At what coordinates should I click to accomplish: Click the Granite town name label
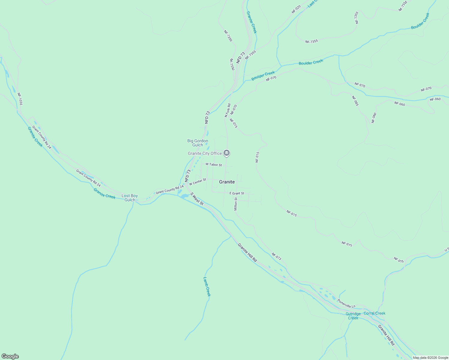tap(227, 182)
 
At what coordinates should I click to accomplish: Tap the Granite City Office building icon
tap(227, 153)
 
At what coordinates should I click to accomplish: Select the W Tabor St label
tap(214, 165)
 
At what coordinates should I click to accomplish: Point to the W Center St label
tap(197, 181)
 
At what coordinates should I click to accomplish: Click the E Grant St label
tap(237, 193)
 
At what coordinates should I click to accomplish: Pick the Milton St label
tap(236, 204)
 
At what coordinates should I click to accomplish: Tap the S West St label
tap(197, 199)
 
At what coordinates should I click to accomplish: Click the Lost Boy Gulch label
tap(130, 198)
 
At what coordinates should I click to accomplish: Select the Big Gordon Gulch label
tap(197, 143)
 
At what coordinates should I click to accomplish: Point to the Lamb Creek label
tap(207, 286)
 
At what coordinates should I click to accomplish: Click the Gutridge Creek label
tap(353, 316)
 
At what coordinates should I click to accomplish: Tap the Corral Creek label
tap(374, 313)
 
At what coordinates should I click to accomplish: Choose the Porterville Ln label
tap(346, 304)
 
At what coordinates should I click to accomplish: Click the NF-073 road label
tap(276, 256)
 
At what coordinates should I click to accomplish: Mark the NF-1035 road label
tap(20, 99)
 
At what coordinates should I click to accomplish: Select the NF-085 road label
tap(355, 101)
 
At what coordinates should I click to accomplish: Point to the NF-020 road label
tap(296, 9)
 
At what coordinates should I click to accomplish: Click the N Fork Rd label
tap(228, 110)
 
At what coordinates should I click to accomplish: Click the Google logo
tap(10, 356)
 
